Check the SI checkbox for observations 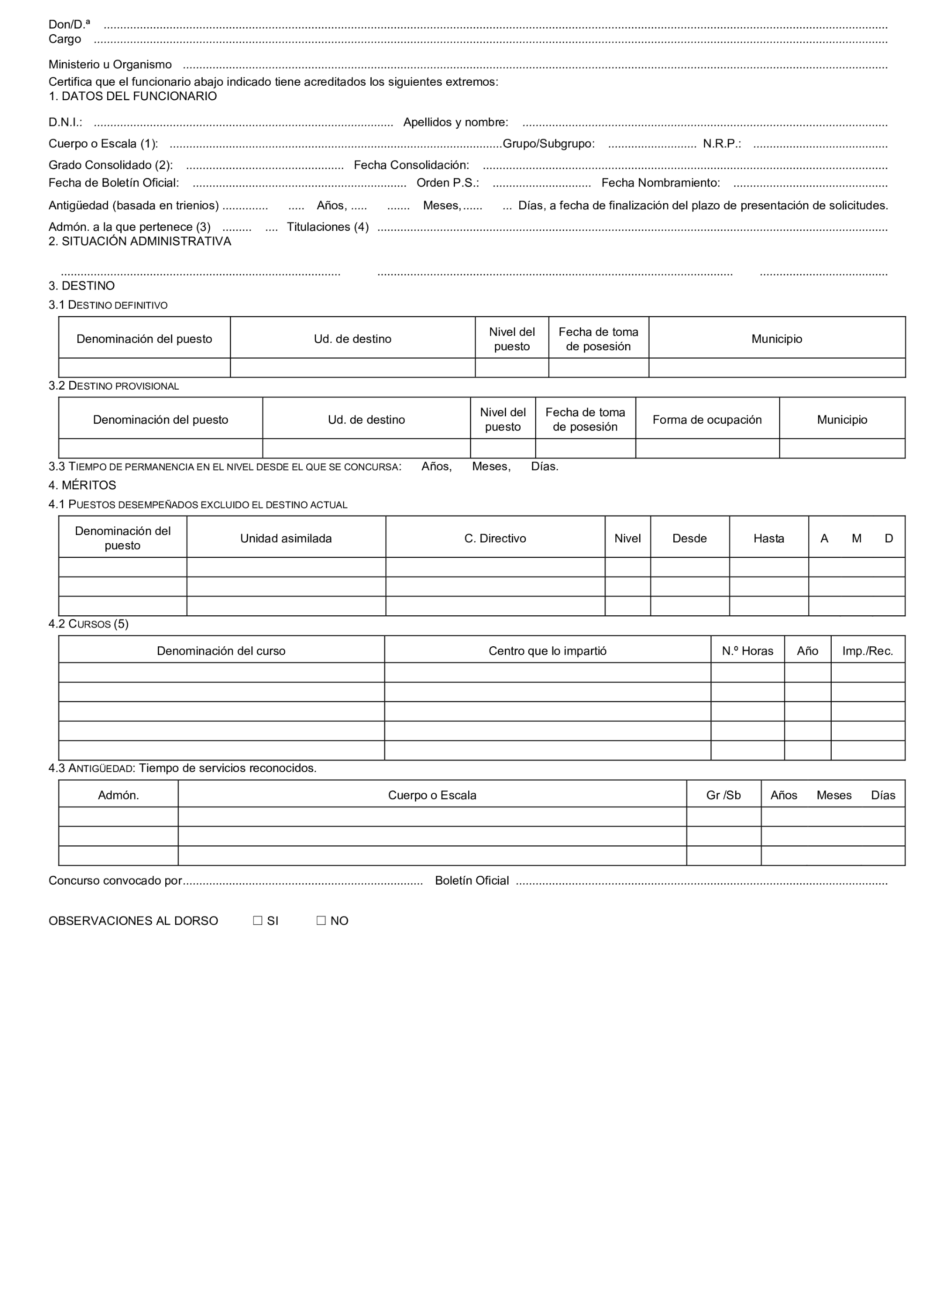click(x=258, y=921)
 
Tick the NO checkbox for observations click(x=321, y=921)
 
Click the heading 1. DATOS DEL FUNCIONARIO click(x=133, y=96)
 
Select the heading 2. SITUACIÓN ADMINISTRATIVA click(x=140, y=242)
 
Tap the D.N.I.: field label click(x=65, y=122)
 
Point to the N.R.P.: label click(x=722, y=143)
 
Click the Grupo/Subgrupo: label click(x=549, y=143)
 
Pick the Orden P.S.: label click(x=448, y=183)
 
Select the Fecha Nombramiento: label click(x=660, y=183)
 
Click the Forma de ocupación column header click(x=707, y=420)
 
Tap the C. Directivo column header click(x=495, y=538)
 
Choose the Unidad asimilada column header click(x=286, y=538)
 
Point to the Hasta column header click(x=769, y=538)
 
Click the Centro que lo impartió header click(x=547, y=650)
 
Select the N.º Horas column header click(x=747, y=650)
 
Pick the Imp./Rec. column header click(x=867, y=650)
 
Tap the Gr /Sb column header click(x=723, y=795)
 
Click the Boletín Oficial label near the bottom click(x=472, y=880)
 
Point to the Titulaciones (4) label click(x=328, y=227)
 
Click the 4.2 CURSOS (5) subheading click(x=88, y=624)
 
